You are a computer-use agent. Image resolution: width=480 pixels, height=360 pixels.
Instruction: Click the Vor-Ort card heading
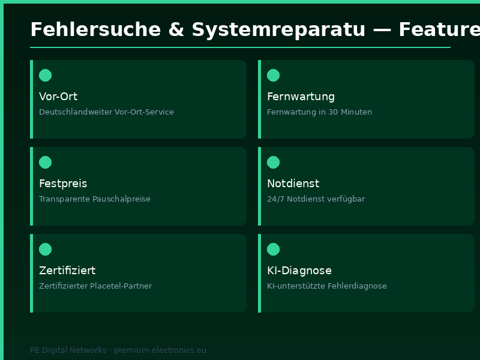pyautogui.click(x=58, y=97)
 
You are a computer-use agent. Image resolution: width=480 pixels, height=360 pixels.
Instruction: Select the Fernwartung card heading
pyautogui.click(x=301, y=97)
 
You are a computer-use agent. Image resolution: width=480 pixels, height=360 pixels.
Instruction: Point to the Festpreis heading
pyautogui.click(x=63, y=184)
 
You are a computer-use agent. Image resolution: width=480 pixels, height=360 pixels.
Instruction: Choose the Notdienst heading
pyautogui.click(x=293, y=184)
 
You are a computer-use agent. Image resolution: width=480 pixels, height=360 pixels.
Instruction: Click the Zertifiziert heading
pyautogui.click(x=67, y=271)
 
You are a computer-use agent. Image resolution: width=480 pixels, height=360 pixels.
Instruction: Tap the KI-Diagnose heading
pyautogui.click(x=299, y=271)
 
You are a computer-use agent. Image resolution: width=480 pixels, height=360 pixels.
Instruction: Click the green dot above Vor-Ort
pyautogui.click(x=45, y=75)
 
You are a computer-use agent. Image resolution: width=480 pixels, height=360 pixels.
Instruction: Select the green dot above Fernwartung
pyautogui.click(x=273, y=75)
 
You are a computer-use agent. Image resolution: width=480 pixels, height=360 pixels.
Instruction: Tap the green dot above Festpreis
pyautogui.click(x=45, y=162)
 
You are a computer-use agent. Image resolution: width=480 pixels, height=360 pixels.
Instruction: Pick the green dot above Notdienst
pyautogui.click(x=273, y=162)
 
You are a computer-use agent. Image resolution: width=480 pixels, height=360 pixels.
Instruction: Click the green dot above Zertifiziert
pyautogui.click(x=45, y=249)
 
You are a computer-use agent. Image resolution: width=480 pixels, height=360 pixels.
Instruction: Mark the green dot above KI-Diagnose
pyautogui.click(x=273, y=249)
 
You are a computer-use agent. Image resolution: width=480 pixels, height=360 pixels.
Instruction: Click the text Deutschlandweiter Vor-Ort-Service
pyautogui.click(x=106, y=112)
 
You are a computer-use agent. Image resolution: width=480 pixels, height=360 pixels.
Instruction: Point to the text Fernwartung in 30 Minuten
pyautogui.click(x=319, y=112)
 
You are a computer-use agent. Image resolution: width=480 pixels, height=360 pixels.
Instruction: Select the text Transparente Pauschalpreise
pyautogui.click(x=95, y=199)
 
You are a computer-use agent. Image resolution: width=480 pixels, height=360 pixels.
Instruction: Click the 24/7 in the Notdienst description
pyautogui.click(x=275, y=199)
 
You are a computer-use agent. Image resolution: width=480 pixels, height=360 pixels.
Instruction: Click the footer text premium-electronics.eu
pyautogui.click(x=160, y=350)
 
